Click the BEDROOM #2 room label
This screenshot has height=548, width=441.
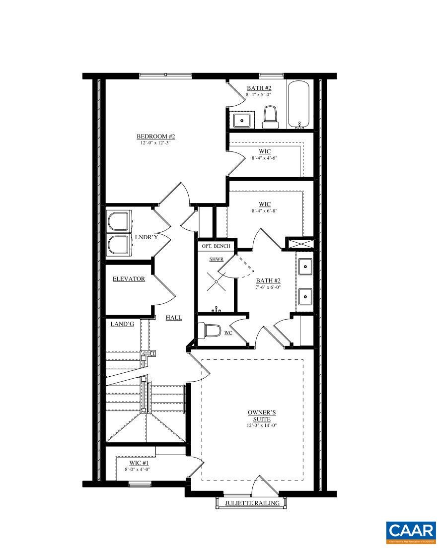(x=156, y=137)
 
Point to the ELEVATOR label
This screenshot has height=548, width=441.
(x=129, y=279)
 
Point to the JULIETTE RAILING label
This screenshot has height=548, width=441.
(x=252, y=503)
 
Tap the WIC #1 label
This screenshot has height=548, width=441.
(x=136, y=463)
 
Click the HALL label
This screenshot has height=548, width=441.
(x=174, y=318)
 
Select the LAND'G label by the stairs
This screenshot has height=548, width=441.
(x=122, y=324)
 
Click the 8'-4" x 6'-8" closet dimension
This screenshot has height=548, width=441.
(x=264, y=210)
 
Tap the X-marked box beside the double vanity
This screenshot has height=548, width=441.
(x=299, y=244)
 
